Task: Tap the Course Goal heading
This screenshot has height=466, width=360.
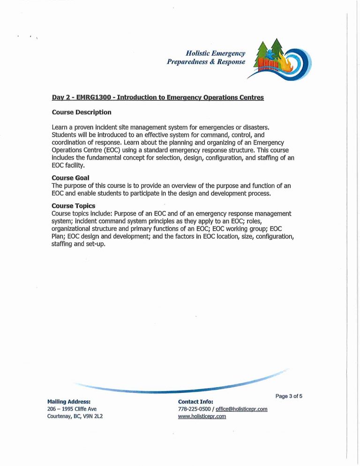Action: tap(70, 178)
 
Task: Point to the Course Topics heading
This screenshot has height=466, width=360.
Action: tap(73, 206)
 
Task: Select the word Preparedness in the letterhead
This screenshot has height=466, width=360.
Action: tap(186, 62)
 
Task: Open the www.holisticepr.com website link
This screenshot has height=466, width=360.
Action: tap(202, 416)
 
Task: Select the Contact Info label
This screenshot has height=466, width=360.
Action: tap(195, 402)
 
